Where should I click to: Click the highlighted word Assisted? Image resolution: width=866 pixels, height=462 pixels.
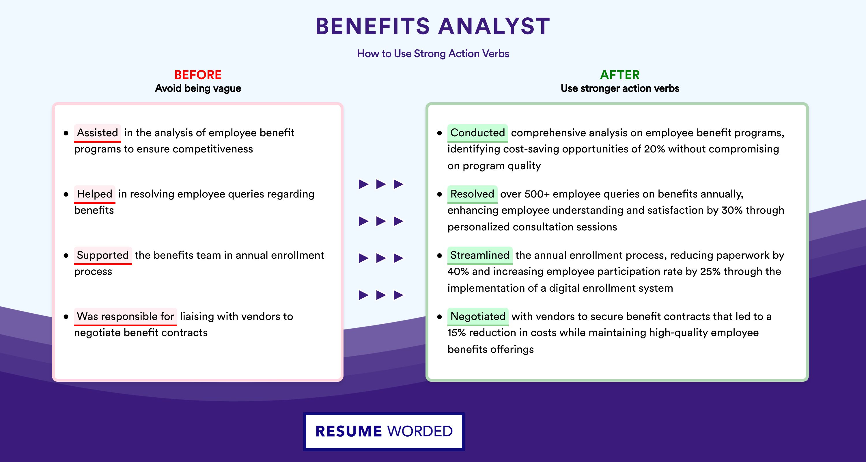98,133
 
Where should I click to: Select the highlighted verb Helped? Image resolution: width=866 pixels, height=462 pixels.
94,194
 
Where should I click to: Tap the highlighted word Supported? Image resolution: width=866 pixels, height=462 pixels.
103,255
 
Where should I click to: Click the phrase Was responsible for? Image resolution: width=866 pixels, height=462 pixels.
125,316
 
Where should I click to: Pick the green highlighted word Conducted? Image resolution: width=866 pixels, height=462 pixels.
477,133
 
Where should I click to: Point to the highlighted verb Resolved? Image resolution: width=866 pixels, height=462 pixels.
472,194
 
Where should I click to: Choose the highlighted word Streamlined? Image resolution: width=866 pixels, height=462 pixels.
480,255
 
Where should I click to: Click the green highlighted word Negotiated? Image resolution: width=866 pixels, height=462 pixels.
478,316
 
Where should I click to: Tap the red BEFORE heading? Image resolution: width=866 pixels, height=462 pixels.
198,75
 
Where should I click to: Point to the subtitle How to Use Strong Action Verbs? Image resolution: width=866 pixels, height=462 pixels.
433,53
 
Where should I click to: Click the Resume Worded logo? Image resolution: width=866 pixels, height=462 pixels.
384,431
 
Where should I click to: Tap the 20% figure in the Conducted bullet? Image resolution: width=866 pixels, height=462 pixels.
654,149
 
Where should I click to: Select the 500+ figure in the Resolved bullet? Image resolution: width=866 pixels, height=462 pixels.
537,194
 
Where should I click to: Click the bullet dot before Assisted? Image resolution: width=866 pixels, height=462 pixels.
66,133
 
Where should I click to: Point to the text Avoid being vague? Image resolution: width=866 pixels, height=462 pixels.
198,88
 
